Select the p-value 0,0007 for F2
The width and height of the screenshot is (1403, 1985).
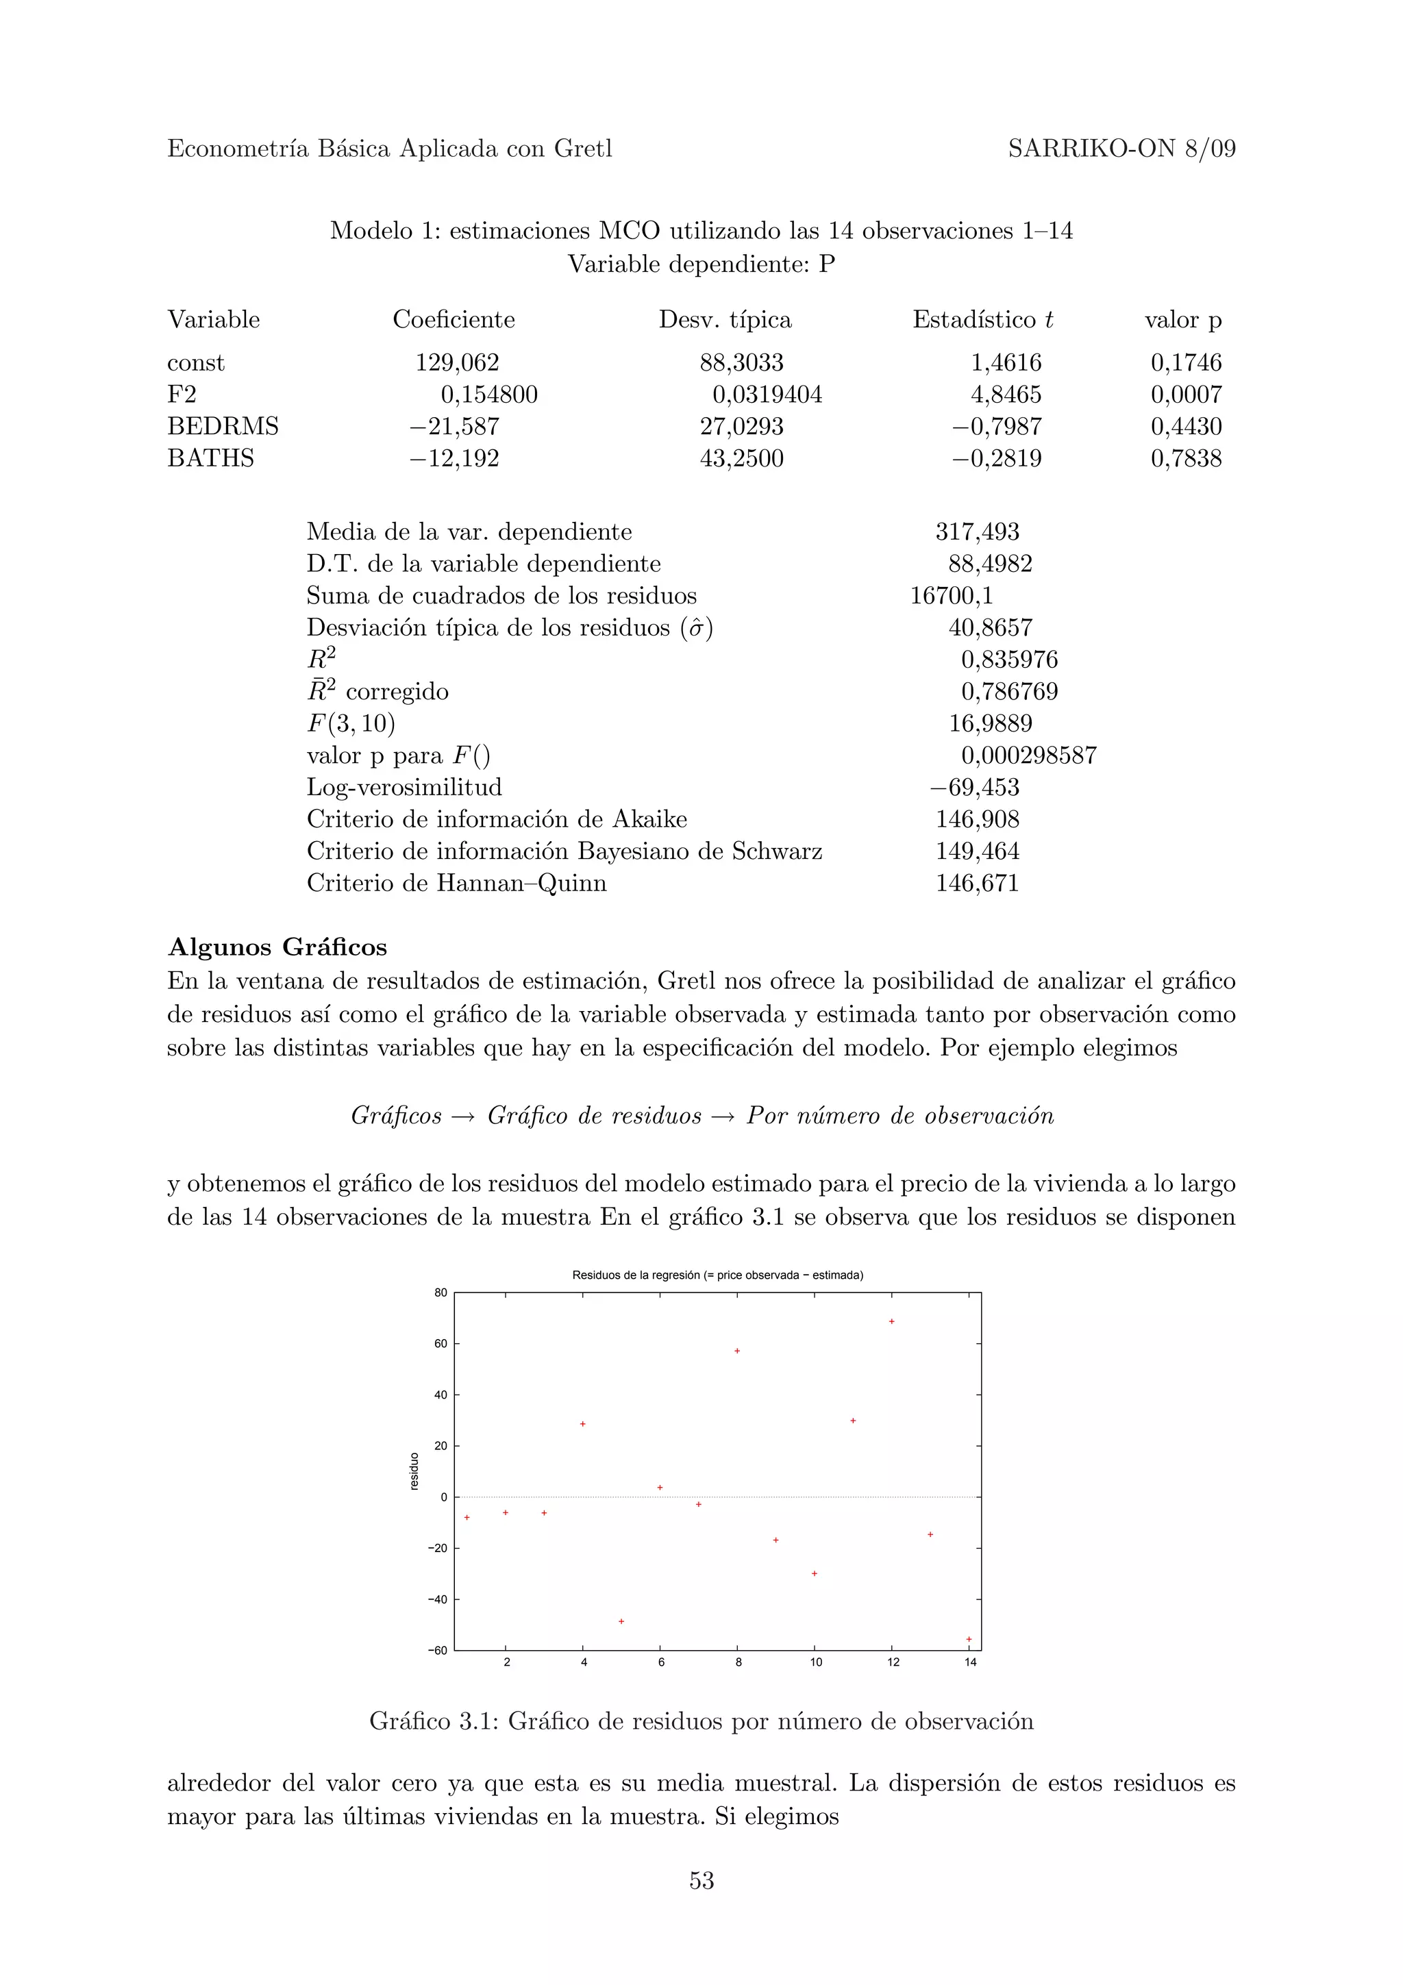point(1185,395)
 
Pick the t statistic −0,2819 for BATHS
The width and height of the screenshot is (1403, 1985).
point(997,458)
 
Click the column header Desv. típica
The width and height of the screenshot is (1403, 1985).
point(724,320)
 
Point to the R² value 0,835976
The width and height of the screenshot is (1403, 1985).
point(1009,660)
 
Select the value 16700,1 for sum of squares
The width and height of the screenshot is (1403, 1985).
point(951,596)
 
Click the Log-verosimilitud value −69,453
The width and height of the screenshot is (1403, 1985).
point(974,788)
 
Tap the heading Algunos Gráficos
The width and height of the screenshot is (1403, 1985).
point(277,947)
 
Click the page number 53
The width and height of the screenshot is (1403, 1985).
point(701,1880)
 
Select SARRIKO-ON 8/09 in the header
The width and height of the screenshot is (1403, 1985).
point(1121,149)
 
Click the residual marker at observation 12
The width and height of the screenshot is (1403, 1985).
point(891,1322)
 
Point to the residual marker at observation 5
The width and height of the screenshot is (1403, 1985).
point(621,1622)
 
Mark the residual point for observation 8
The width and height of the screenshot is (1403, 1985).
point(737,1351)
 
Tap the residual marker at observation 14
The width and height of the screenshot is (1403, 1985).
point(969,1639)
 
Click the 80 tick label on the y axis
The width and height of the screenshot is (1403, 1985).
point(440,1293)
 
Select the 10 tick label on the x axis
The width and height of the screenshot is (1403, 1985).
point(815,1662)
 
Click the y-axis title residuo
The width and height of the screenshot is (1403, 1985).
point(413,1471)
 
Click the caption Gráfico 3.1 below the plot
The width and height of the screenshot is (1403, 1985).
point(701,1721)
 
